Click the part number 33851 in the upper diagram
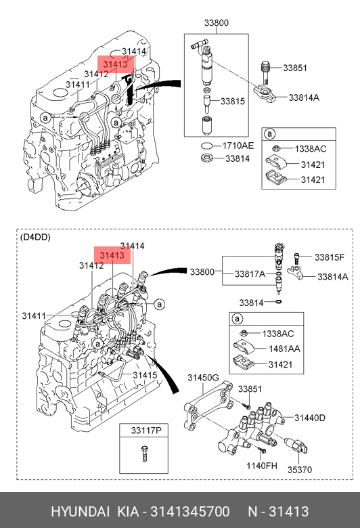(295, 68)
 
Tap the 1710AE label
(238, 146)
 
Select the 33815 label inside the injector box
(233, 102)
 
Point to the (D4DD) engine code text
(35, 238)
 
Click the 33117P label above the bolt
(146, 431)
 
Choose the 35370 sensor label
(300, 469)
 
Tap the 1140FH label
(262, 466)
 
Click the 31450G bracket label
(204, 378)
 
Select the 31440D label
(310, 418)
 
